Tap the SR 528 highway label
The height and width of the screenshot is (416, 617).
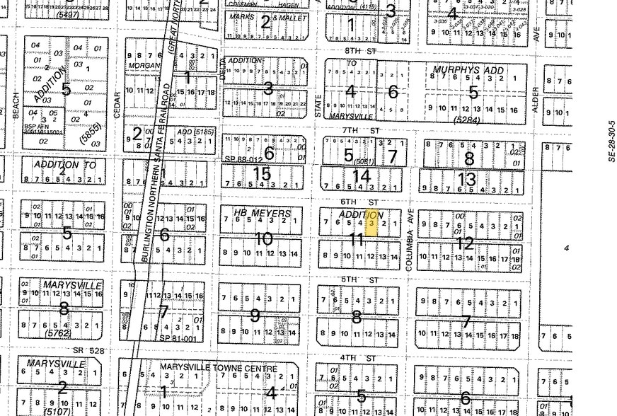(88, 350)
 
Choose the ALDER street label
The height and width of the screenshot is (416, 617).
(536, 100)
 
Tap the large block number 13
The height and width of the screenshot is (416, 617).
(467, 179)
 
